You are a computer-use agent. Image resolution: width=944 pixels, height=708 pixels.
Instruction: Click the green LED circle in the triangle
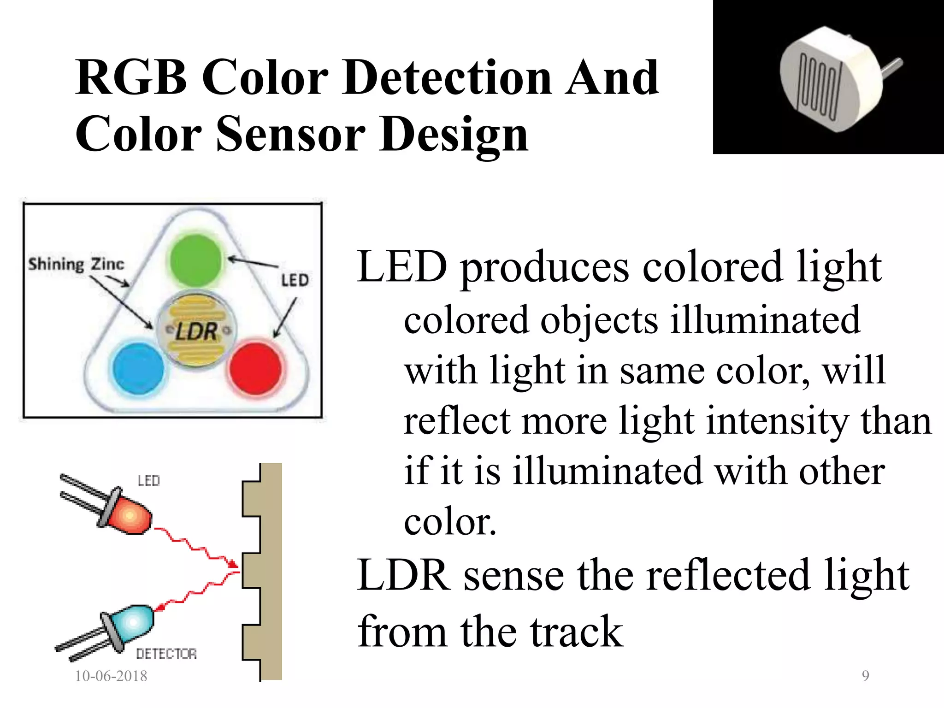click(196, 261)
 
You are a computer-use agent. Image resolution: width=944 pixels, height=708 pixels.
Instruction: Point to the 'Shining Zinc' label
click(76, 264)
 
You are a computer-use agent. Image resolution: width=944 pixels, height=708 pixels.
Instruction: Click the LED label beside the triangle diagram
click(295, 280)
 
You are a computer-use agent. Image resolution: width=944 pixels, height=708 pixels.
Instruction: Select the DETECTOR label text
click(166, 654)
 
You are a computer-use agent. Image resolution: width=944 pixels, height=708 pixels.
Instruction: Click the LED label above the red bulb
click(149, 481)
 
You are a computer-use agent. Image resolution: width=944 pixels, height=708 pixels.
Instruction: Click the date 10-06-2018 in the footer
click(111, 676)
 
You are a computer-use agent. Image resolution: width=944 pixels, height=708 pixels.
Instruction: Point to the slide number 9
click(865, 676)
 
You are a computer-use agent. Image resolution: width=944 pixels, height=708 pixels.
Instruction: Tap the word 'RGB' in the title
click(132, 78)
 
